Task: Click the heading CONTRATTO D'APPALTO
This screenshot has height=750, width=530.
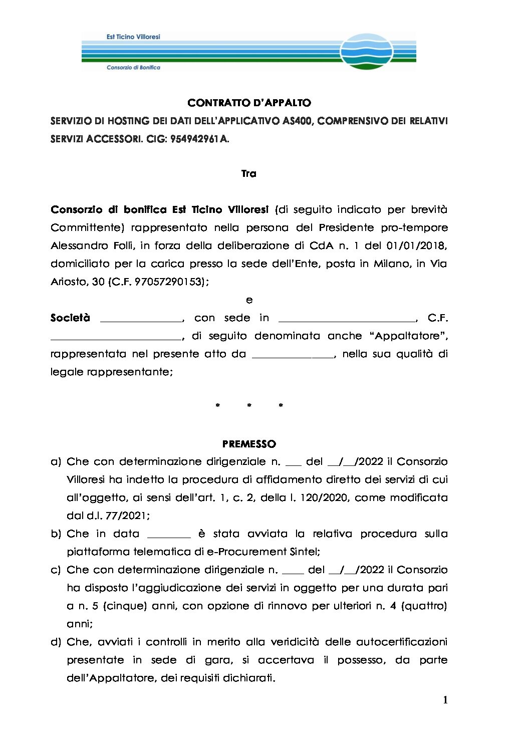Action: tap(249, 103)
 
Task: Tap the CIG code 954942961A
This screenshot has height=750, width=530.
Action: tap(199, 139)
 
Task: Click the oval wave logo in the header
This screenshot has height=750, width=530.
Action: tap(366, 51)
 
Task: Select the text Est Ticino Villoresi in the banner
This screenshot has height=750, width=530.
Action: tap(133, 37)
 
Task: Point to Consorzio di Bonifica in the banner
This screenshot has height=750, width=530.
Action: tap(133, 67)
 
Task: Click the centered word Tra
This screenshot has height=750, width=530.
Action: tap(249, 174)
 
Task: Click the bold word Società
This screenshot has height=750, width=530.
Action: tap(70, 318)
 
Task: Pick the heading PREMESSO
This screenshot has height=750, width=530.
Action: tap(249, 444)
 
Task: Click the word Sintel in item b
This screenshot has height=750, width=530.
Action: tap(305, 552)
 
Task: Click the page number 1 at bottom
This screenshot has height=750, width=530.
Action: tap(445, 700)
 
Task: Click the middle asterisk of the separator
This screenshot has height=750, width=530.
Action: tap(249, 405)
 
